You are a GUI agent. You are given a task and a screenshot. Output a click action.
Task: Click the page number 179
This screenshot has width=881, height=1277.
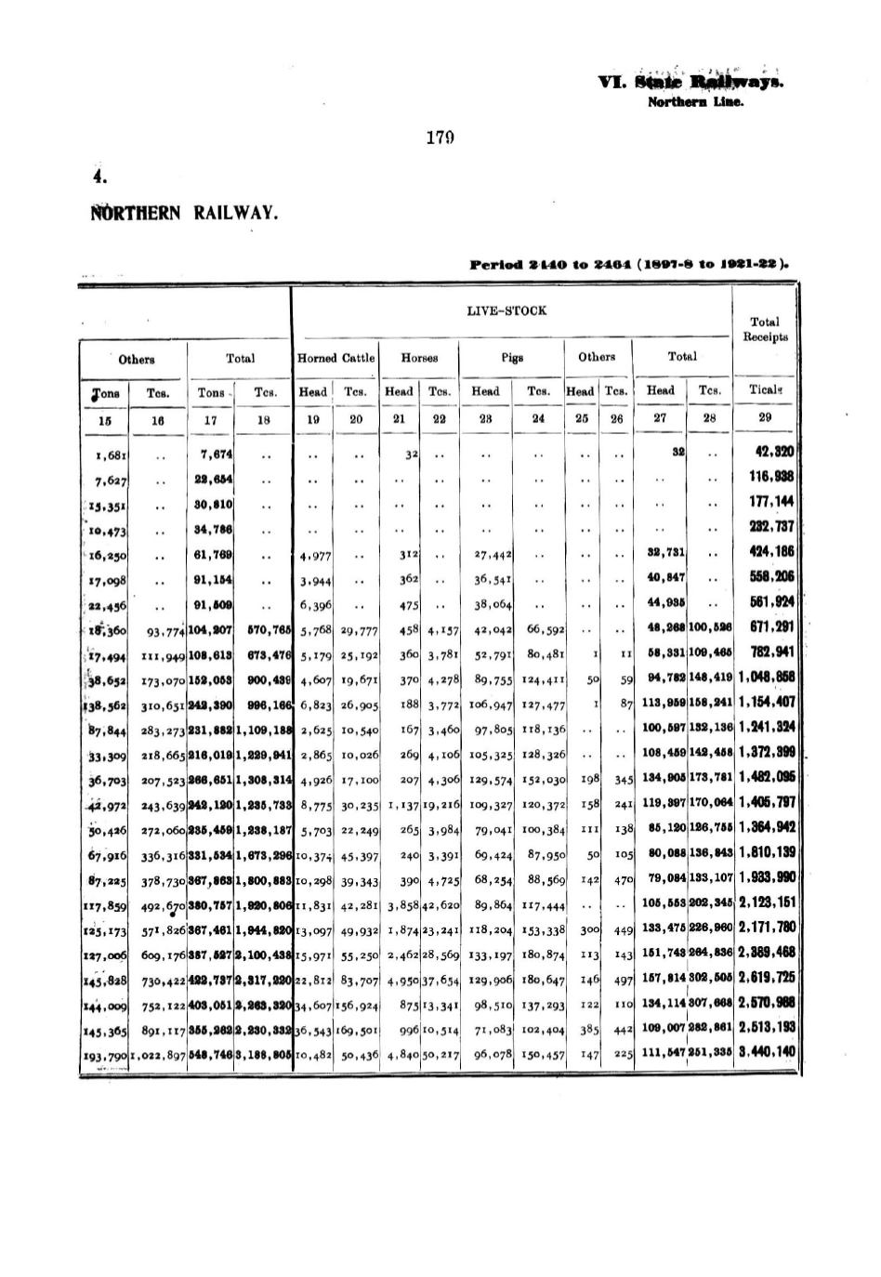coord(440,138)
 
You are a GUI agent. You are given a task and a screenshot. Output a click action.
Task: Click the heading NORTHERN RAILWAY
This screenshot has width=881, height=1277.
coord(184,213)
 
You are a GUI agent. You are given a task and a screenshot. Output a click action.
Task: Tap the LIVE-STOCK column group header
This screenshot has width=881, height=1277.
coord(506,310)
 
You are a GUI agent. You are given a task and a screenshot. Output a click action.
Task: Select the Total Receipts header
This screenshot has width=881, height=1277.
coord(765,329)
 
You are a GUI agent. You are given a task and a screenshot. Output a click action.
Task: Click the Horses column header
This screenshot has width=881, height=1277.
coord(419,357)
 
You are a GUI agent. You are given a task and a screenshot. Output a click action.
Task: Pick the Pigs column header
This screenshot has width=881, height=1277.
coord(513,357)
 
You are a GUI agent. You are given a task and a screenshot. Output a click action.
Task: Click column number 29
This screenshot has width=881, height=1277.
coord(765,418)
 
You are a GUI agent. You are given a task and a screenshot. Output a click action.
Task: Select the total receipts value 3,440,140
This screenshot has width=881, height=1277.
coord(767,1052)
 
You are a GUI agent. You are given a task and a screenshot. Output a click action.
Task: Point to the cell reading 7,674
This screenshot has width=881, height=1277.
coord(217,454)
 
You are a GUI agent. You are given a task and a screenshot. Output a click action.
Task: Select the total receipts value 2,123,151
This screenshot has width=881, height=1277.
coord(767,902)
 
